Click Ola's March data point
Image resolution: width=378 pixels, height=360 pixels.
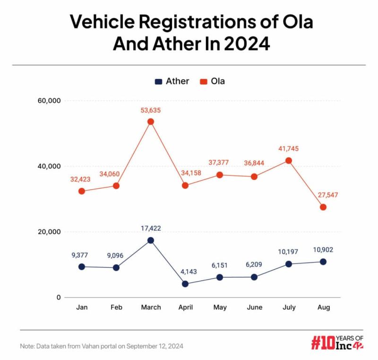click(x=151, y=122)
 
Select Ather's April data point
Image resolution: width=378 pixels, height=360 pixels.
click(x=185, y=284)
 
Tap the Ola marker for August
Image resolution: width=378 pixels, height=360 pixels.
click(x=323, y=207)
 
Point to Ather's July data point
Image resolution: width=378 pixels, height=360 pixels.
click(x=289, y=264)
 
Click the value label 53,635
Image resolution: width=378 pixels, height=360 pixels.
click(x=151, y=109)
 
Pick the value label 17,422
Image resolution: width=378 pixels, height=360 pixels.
click(x=151, y=228)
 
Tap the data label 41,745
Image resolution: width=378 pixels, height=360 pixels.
click(x=289, y=149)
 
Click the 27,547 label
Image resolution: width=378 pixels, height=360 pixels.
click(x=323, y=194)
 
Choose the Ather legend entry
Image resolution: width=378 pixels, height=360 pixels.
click(x=172, y=81)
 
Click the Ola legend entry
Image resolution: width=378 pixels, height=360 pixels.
click(x=212, y=81)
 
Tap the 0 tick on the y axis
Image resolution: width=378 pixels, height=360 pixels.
click(x=58, y=298)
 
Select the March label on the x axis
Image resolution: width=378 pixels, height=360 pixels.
click(x=151, y=307)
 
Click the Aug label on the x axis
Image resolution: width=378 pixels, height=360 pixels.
click(x=323, y=307)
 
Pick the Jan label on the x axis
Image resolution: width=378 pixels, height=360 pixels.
click(x=82, y=307)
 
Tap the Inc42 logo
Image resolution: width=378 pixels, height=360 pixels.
click(x=337, y=342)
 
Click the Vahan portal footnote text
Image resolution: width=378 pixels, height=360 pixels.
click(x=102, y=346)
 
